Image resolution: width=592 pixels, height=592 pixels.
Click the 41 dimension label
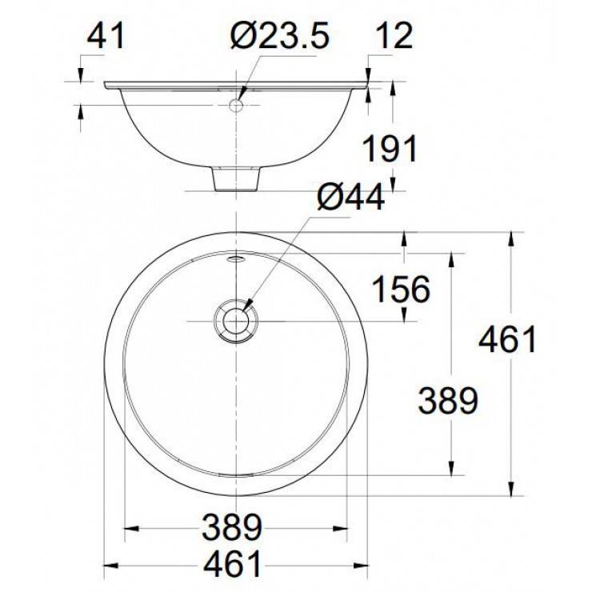[x=106, y=36]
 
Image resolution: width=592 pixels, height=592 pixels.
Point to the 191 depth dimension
[x=390, y=150]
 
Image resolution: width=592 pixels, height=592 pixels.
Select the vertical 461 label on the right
[x=506, y=341]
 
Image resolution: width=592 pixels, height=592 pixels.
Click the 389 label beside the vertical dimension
[x=448, y=399]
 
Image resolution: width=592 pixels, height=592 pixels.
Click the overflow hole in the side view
[x=237, y=105]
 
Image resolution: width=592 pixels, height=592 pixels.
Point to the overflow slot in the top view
[x=237, y=258]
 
